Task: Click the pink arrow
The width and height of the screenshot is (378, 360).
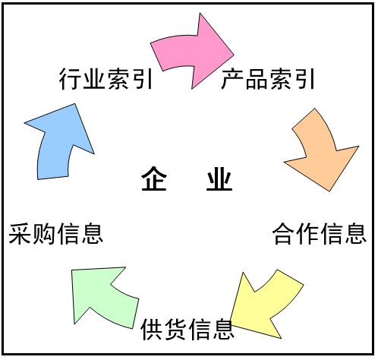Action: click(192, 52)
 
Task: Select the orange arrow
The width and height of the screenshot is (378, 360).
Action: click(321, 152)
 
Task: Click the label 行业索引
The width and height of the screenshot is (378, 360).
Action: click(106, 79)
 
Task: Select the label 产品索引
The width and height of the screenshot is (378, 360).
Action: click(268, 79)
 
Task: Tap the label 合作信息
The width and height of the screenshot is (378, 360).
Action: click(320, 233)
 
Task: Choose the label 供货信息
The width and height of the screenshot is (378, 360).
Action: click(187, 329)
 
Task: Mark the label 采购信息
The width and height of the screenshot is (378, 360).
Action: click(55, 233)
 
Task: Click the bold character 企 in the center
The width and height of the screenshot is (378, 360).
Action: click(154, 178)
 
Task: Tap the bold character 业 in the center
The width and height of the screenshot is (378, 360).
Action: click(219, 178)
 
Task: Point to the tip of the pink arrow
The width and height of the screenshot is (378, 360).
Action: click(234, 54)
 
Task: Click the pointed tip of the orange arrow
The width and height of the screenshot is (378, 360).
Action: click(329, 191)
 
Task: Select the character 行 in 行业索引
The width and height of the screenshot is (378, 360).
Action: click(71, 79)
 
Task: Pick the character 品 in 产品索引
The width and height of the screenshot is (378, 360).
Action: click(256, 79)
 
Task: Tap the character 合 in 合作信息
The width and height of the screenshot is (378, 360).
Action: click(284, 233)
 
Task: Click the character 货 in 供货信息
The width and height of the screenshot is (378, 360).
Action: click(176, 329)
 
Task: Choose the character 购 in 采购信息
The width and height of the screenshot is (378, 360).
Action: click(44, 233)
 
